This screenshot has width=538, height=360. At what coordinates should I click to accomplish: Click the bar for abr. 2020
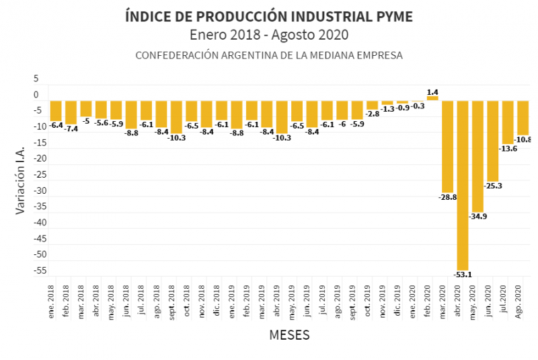coord(463,185)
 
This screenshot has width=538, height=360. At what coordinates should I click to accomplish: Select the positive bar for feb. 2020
coord(432,98)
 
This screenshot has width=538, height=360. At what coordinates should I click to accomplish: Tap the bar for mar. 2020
coord(448,147)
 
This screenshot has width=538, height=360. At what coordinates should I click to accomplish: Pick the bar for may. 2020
coord(477,156)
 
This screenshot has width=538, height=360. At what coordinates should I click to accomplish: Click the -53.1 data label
coord(463,274)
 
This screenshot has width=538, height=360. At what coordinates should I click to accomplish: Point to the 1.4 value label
coord(432,92)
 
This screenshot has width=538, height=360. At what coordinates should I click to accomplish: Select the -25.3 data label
coord(494,185)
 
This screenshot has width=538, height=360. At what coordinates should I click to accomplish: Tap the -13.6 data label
coord(508,148)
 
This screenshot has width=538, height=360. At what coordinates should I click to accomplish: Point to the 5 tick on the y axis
coord(36,79)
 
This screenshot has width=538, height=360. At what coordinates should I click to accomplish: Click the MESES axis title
coord(289,334)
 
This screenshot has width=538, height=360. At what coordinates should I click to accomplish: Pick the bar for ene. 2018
coord(56,110)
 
